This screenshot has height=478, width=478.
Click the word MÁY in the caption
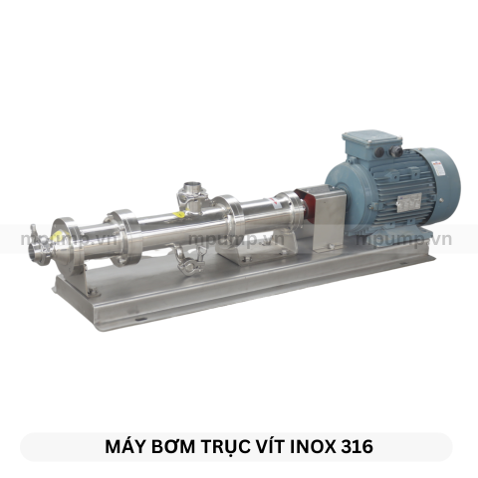point(124,446)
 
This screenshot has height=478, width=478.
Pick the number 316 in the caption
point(359,446)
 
